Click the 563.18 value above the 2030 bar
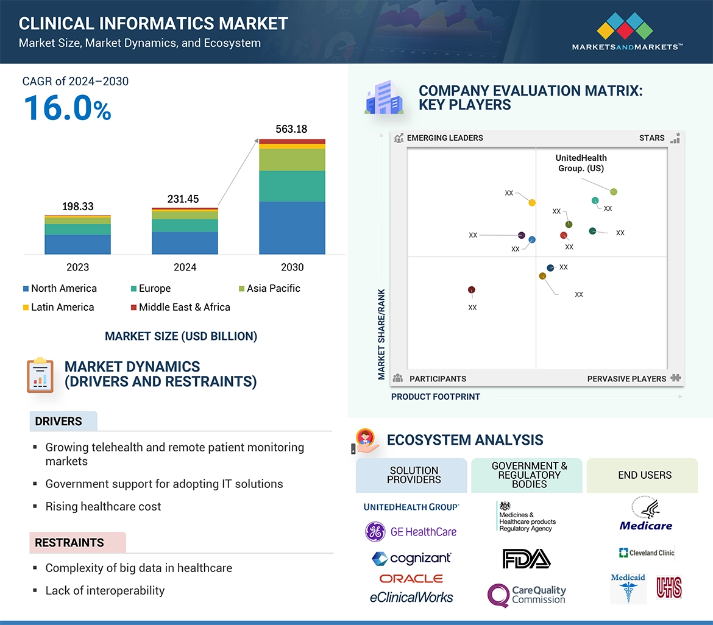pyautogui.click(x=292, y=129)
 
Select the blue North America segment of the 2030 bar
pyautogui.click(x=292, y=228)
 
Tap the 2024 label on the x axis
pyautogui.click(x=185, y=267)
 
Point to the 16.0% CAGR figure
pyautogui.click(x=67, y=108)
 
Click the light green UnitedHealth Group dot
pyautogui.click(x=614, y=192)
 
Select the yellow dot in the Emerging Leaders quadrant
pyautogui.click(x=532, y=203)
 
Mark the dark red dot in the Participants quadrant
pyautogui.click(x=471, y=290)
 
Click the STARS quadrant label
pyautogui.click(x=651, y=138)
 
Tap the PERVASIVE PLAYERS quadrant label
pyautogui.click(x=626, y=379)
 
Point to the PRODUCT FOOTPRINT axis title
pyautogui.click(x=436, y=397)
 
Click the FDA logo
pyautogui.click(x=527, y=559)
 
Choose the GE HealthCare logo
pyautogui.click(x=411, y=532)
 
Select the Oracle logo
pyautogui.click(x=411, y=579)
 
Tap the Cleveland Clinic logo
pyautogui.click(x=646, y=553)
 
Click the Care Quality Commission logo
pyautogui.click(x=527, y=595)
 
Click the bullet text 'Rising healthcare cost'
pyautogui.click(x=104, y=506)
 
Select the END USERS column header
pyautogui.click(x=645, y=475)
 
